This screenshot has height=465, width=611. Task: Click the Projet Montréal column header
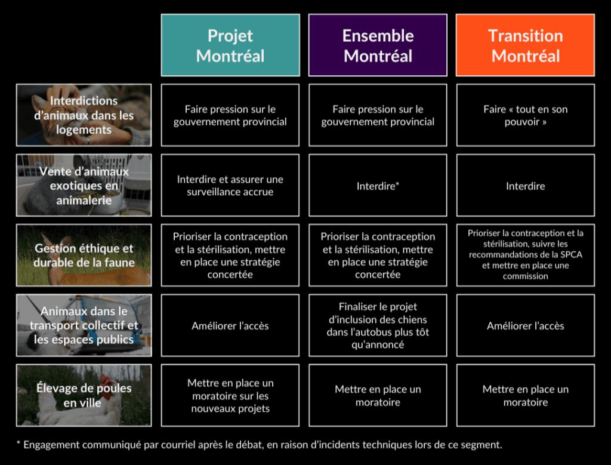[230, 45]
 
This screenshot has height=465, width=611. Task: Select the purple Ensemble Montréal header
[378, 45]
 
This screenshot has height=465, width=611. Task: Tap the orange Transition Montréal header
[525, 45]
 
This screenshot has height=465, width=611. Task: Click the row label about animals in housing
[84, 115]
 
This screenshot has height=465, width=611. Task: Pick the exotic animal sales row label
[84, 185]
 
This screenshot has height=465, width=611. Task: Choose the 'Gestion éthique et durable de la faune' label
[84, 255]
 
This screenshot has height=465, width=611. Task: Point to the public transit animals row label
[84, 325]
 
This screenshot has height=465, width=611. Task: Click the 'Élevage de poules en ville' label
[84, 395]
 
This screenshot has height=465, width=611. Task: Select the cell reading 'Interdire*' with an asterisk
[378, 185]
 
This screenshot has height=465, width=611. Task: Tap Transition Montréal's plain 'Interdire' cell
[525, 185]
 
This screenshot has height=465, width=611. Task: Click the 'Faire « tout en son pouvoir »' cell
[525, 115]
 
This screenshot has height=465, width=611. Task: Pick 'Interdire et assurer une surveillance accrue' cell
[230, 185]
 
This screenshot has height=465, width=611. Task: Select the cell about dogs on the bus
[378, 325]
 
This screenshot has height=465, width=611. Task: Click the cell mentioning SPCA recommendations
[525, 255]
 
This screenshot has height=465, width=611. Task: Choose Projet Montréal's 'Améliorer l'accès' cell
[230, 325]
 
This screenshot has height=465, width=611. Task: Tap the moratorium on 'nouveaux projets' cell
[230, 395]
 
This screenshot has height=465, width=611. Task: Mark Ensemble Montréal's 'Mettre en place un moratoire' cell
[378, 395]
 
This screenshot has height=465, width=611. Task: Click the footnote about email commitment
[259, 445]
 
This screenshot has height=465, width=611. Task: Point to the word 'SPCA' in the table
[571, 254]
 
